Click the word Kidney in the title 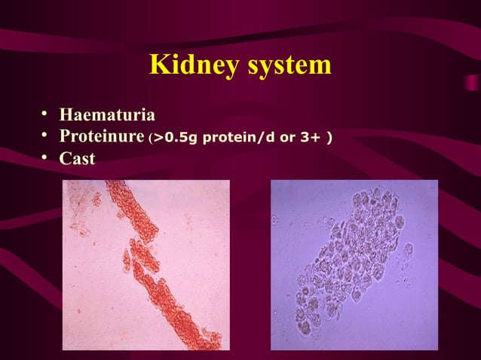pyautogui.click(x=193, y=66)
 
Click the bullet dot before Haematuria pyautogui.click(x=45, y=115)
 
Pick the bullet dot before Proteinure pyautogui.click(x=45, y=136)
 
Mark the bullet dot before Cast pyautogui.click(x=45, y=157)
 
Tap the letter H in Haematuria pyautogui.click(x=66, y=116)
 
